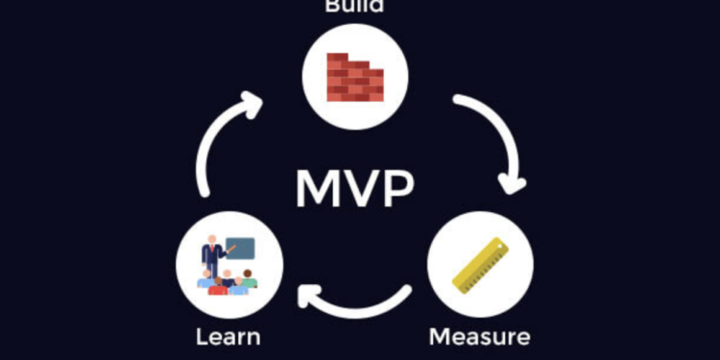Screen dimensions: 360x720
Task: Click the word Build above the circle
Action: [354, 7]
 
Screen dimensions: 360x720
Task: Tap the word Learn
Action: [228, 337]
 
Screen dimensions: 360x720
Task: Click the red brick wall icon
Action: [354, 77]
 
